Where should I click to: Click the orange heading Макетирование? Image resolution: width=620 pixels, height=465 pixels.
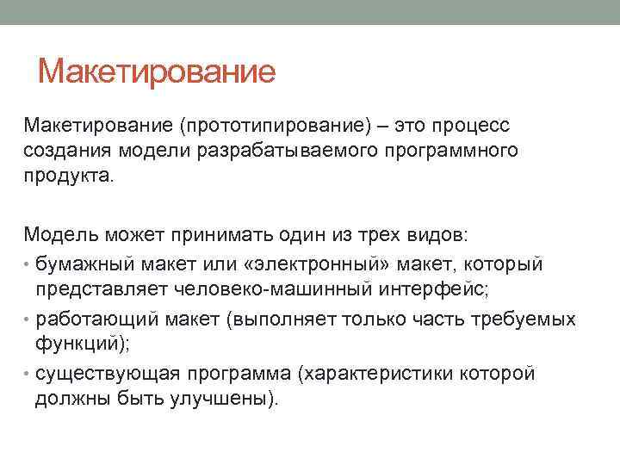pos(157,71)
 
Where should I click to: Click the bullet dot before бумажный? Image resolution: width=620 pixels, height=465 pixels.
pos(28,261)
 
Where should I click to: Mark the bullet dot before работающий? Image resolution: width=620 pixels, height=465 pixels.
pos(28,320)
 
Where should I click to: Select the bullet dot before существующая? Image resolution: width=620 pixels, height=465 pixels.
pos(28,375)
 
